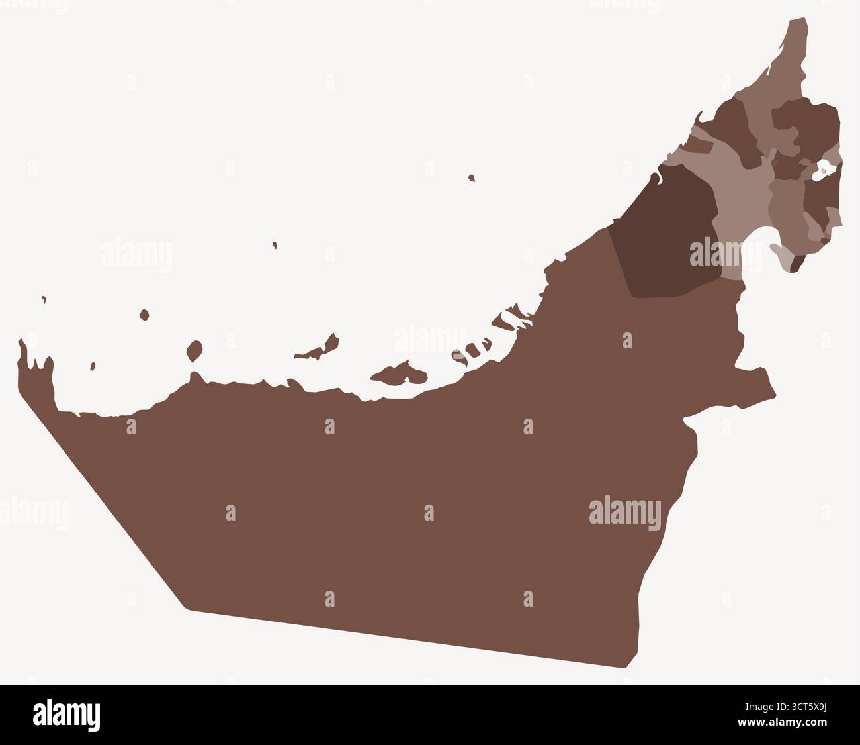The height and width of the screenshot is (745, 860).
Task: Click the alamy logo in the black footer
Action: coord(67,715)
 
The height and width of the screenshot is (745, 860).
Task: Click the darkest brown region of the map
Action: coord(668,232)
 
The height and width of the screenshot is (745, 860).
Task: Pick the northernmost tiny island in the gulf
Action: coord(471,177)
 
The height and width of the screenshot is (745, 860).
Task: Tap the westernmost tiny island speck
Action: coord(44,299)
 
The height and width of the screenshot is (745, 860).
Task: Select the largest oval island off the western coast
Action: coord(194,350)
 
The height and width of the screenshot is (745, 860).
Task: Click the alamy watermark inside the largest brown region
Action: coord(624,513)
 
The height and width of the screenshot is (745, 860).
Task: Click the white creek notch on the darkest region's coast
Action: coord(657,177)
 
